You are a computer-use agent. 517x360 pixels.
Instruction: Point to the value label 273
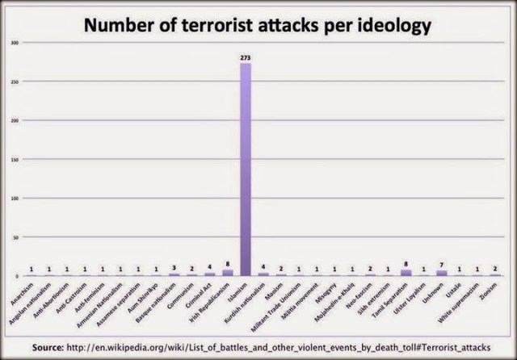click(x=245, y=57)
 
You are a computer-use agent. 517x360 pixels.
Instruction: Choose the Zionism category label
click(x=491, y=287)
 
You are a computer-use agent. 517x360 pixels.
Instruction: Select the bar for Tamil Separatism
click(x=406, y=273)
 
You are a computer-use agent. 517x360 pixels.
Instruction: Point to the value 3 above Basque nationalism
click(x=174, y=269)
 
